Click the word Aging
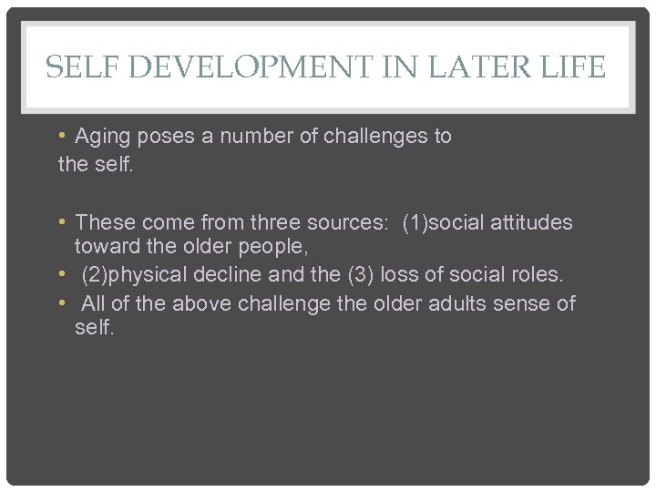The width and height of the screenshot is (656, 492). pyautogui.click(x=103, y=137)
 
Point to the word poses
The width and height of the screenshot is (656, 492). pyautogui.click(x=167, y=137)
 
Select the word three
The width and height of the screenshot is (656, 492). pyautogui.click(x=277, y=222)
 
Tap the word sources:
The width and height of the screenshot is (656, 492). pyautogui.click(x=349, y=222)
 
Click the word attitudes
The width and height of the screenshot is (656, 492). pyautogui.click(x=530, y=222)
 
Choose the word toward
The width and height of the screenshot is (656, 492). pyautogui.click(x=105, y=247)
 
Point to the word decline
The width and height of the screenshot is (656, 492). pyautogui.click(x=227, y=274)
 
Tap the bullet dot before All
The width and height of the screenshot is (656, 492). pyautogui.click(x=62, y=302)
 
